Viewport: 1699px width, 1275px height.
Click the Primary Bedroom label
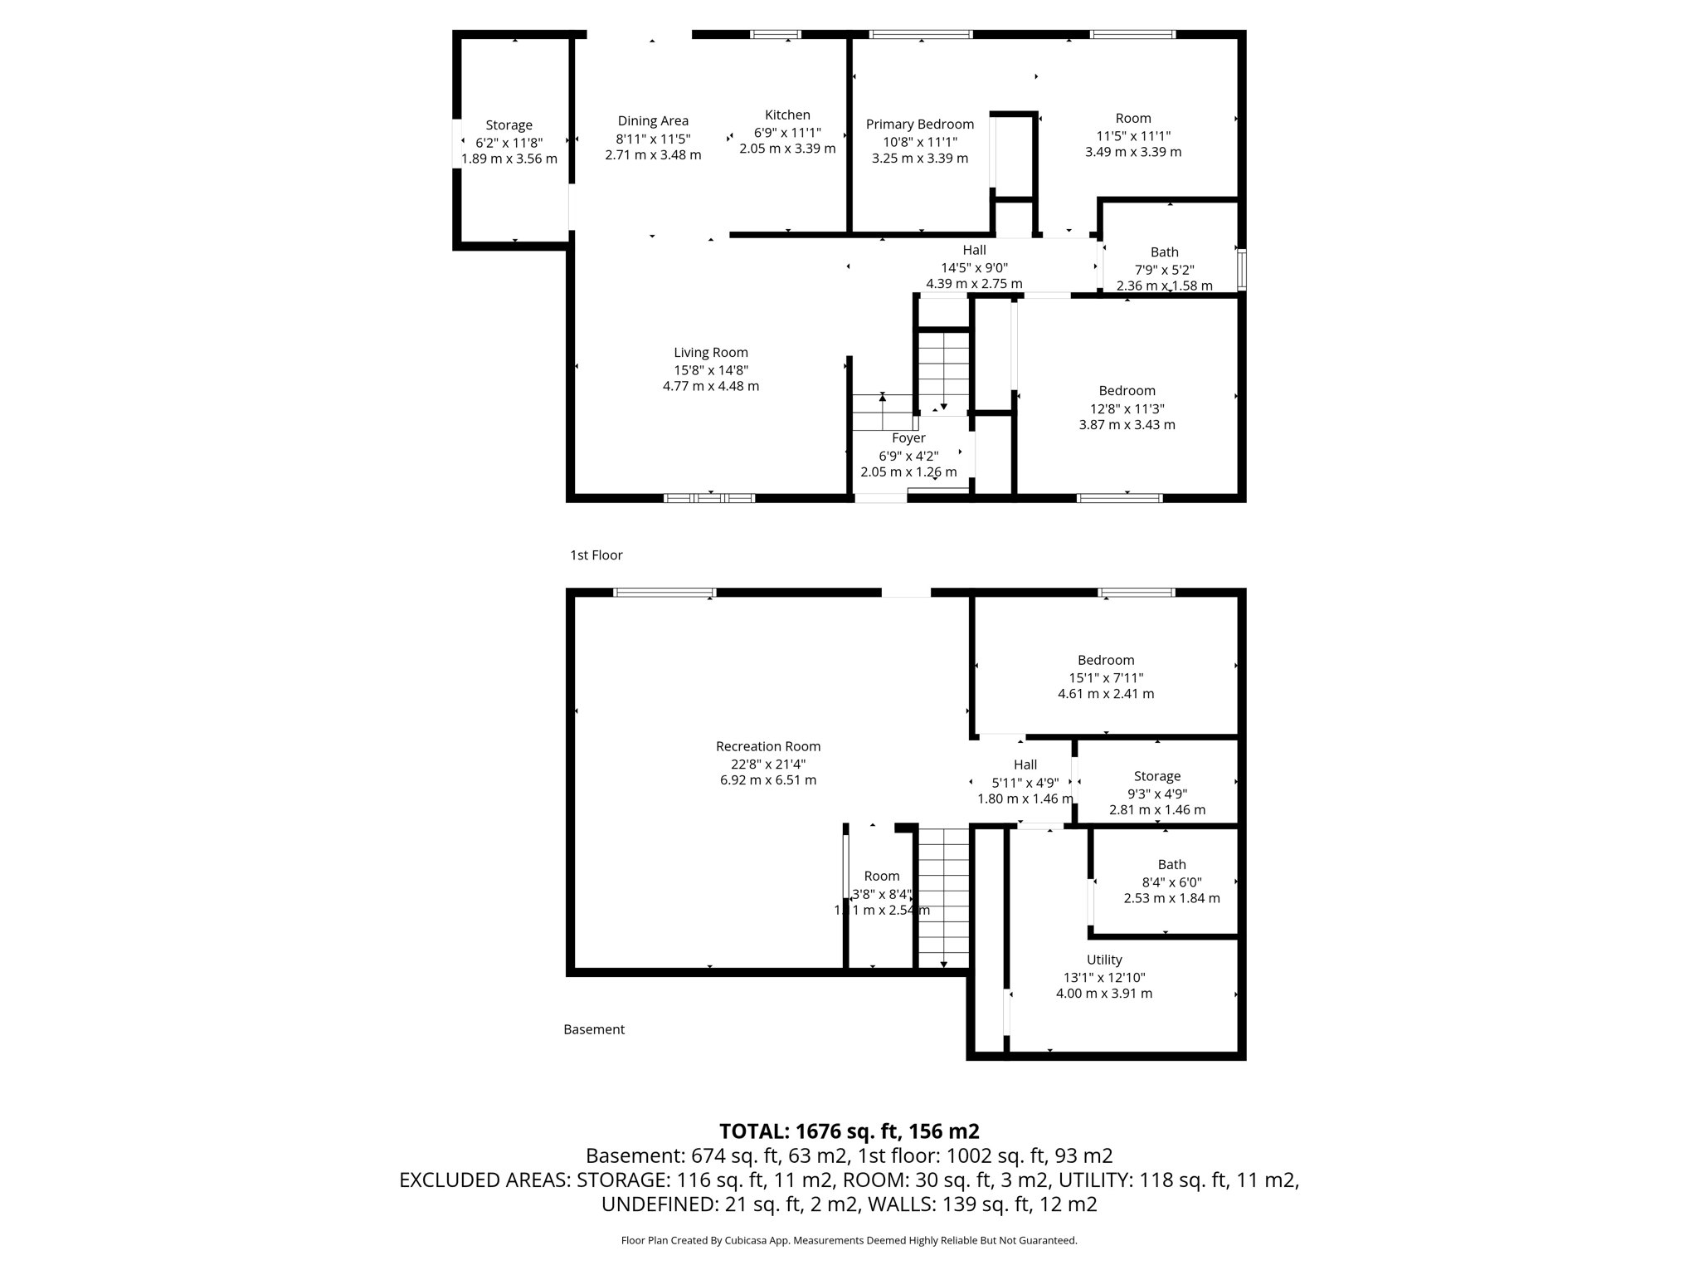(919, 125)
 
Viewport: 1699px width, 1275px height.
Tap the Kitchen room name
(787, 115)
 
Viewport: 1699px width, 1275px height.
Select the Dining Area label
(653, 121)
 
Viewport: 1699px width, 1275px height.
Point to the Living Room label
(711, 353)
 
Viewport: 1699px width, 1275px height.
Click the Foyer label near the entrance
(908, 438)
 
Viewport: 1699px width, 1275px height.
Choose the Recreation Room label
(768, 746)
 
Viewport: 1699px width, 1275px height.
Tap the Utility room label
(1104, 960)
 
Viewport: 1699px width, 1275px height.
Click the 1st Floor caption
(596, 555)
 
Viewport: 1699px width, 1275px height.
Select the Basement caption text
(594, 1029)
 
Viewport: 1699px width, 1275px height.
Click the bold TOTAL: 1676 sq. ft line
(849, 1131)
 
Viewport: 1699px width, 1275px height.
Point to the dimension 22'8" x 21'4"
(768, 765)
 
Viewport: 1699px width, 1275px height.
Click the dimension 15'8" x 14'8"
(711, 370)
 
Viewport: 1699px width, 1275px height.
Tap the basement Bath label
(1171, 864)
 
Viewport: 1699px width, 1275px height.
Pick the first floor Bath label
(1164, 252)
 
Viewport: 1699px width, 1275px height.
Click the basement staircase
(943, 896)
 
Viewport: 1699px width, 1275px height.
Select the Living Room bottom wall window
(709, 498)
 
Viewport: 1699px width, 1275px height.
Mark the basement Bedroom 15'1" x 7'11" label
(1106, 661)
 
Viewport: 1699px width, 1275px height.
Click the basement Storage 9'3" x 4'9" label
(1157, 776)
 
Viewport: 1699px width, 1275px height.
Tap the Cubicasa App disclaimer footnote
(849, 1241)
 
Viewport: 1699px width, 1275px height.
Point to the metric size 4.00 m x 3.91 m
(1103, 994)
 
